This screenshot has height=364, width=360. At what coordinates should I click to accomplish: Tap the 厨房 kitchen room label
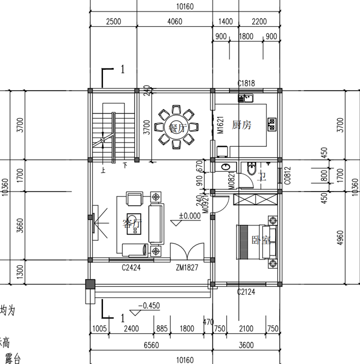pos(241,125)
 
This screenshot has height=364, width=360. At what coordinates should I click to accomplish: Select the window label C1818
pos(246,83)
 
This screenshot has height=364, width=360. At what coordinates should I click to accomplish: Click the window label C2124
pos(246,292)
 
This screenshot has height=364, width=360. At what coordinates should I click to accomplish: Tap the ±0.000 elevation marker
pos(189,216)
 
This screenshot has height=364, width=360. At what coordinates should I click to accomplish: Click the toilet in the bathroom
pos(252,170)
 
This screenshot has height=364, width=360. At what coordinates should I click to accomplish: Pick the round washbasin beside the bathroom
pos(225,168)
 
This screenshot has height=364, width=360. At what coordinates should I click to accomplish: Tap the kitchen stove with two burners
pos(272,124)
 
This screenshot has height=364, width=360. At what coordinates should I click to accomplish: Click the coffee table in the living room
pos(134,223)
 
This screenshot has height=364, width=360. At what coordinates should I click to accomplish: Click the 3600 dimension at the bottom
pos(246,345)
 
